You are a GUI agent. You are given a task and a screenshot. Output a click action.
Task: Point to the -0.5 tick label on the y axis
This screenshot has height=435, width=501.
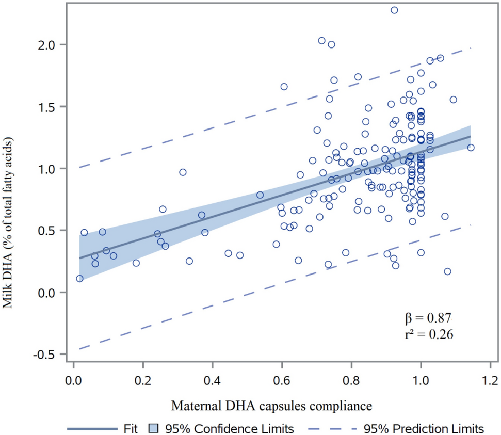48,355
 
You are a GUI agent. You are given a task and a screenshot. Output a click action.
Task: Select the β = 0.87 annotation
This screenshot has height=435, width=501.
429,317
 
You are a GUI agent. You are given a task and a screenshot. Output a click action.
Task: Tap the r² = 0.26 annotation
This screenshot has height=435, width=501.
429,334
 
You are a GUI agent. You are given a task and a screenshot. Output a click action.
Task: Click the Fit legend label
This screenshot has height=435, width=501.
130,428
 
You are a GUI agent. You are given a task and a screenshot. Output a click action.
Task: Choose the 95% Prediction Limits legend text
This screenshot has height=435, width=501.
424,428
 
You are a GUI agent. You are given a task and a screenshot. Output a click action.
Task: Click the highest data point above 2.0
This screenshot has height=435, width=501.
394,10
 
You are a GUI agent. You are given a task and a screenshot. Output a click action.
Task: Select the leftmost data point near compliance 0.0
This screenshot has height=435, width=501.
79,279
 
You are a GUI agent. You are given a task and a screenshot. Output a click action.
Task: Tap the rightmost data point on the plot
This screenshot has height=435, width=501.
471,148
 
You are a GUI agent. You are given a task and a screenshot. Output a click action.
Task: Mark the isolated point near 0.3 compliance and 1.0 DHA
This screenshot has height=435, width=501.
183,172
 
